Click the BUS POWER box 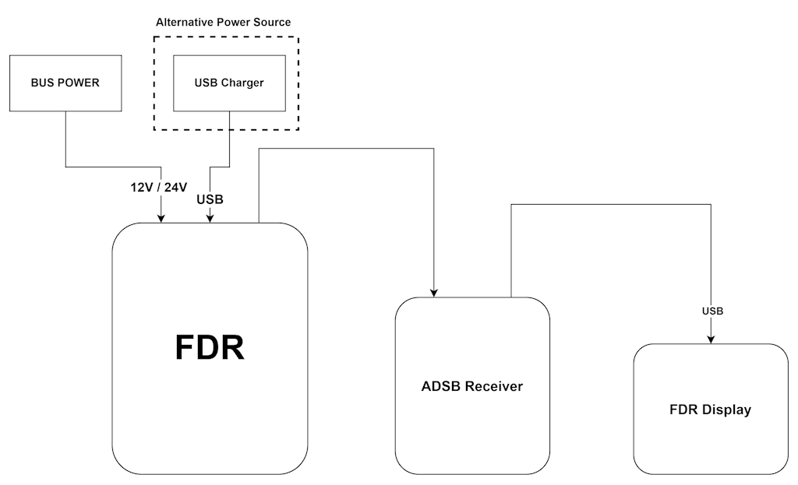65,83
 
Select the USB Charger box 229,83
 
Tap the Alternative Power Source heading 224,23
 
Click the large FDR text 210,348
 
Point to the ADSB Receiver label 472,386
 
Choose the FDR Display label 710,409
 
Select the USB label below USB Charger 210,199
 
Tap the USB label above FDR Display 712,311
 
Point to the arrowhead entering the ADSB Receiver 434,293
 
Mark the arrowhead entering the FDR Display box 711,339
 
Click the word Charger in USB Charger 242,83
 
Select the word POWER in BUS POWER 80,83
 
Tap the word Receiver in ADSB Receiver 494,386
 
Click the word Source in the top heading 273,23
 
